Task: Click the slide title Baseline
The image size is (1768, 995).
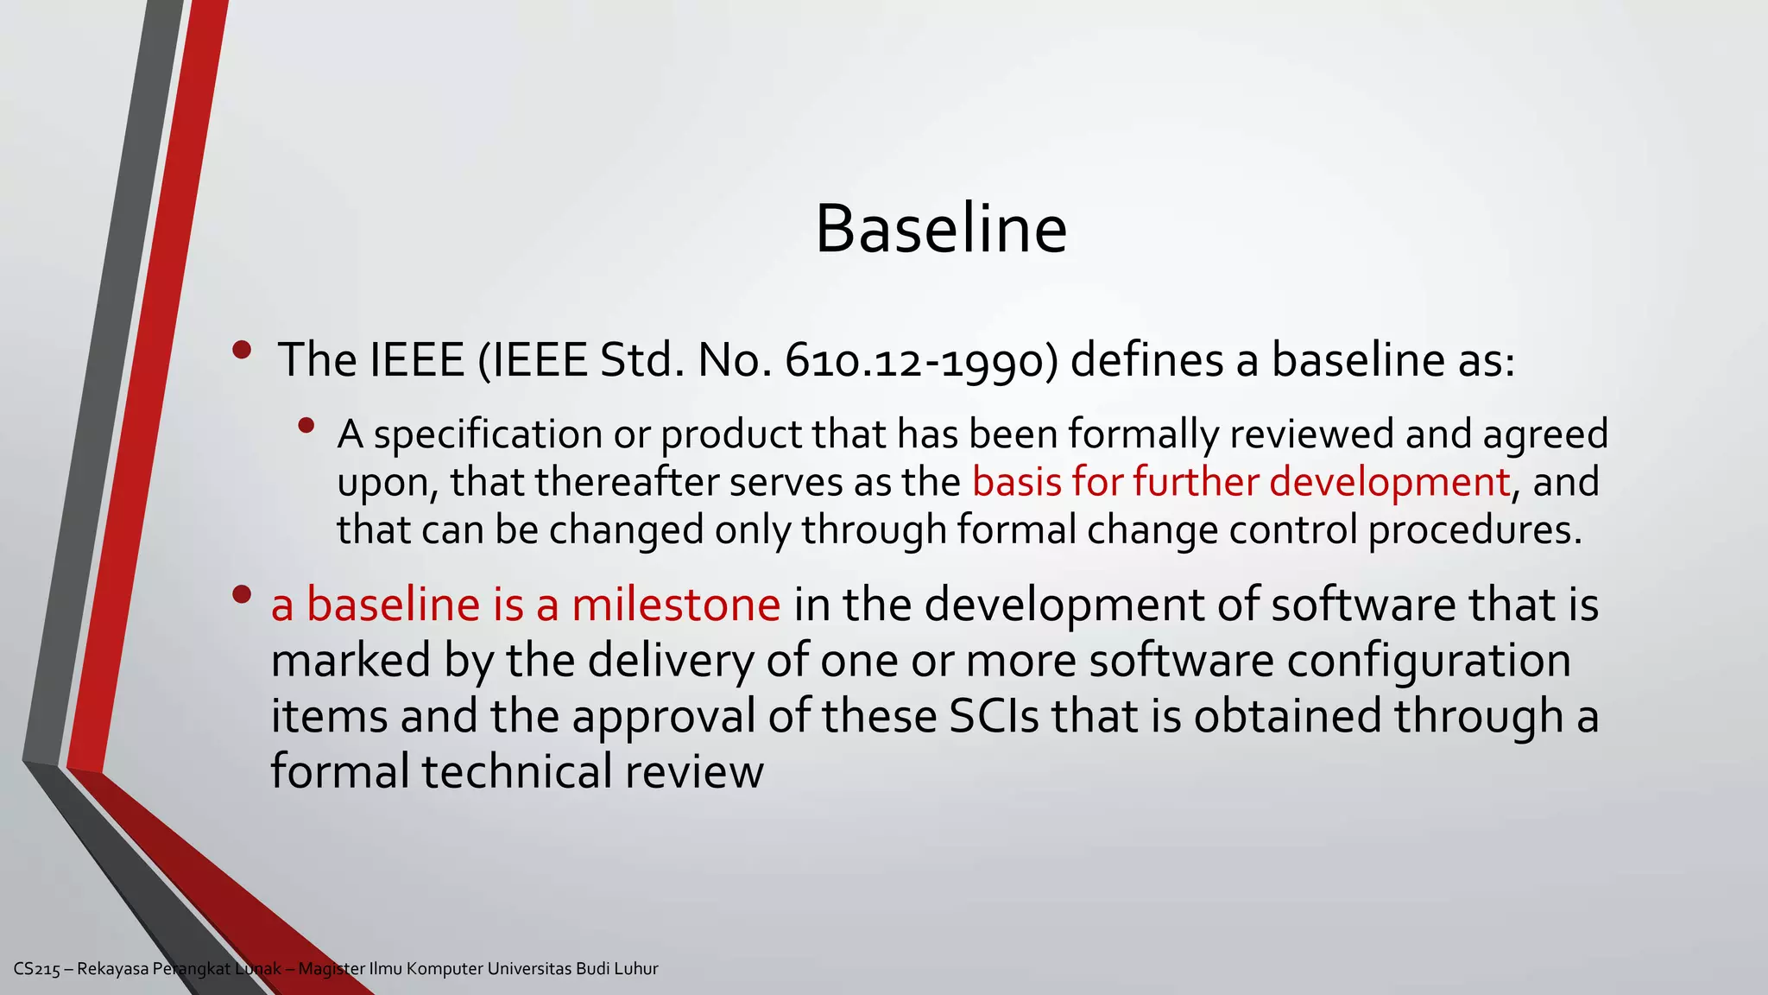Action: (941, 229)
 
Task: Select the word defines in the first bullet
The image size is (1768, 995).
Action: (1146, 361)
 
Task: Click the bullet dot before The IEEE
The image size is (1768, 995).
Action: (242, 351)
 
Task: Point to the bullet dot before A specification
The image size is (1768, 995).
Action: (306, 425)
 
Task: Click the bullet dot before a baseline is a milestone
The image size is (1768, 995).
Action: (242, 594)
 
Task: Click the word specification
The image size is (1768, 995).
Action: (488, 434)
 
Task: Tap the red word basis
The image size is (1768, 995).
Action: (1016, 482)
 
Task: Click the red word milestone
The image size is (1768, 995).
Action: (676, 605)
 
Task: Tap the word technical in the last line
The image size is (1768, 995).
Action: (517, 772)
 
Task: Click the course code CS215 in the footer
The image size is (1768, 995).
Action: (37, 969)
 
